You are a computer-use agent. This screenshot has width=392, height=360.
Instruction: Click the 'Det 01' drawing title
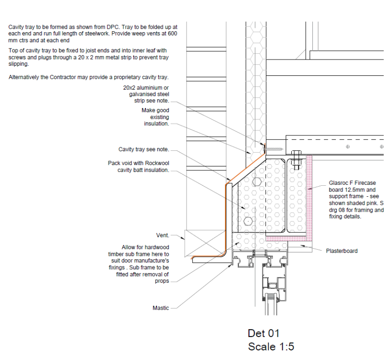click(x=263, y=333)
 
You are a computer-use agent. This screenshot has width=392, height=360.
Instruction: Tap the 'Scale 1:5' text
click(x=271, y=347)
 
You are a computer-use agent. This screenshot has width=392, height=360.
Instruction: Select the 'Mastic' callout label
click(x=161, y=308)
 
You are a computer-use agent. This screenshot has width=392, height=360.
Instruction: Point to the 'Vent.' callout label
click(x=163, y=235)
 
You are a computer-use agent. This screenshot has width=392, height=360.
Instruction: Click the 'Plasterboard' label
click(x=342, y=251)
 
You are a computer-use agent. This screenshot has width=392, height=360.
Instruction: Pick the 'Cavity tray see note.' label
click(x=144, y=149)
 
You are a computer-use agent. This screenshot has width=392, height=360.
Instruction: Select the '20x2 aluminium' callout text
click(x=146, y=88)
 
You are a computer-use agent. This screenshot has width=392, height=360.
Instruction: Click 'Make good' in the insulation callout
click(x=155, y=110)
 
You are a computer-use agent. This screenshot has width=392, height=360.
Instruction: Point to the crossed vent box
click(x=205, y=243)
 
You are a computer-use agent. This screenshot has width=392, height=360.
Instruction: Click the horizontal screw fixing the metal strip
click(x=273, y=149)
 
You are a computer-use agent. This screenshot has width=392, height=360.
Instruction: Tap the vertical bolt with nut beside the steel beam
click(x=296, y=160)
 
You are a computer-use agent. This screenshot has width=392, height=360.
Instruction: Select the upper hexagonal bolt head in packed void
click(x=257, y=182)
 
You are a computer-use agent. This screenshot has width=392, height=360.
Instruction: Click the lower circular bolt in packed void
click(x=248, y=221)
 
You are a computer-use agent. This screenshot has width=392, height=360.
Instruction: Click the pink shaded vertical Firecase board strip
click(x=309, y=198)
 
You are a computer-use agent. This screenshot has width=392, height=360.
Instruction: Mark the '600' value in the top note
click(x=173, y=34)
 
